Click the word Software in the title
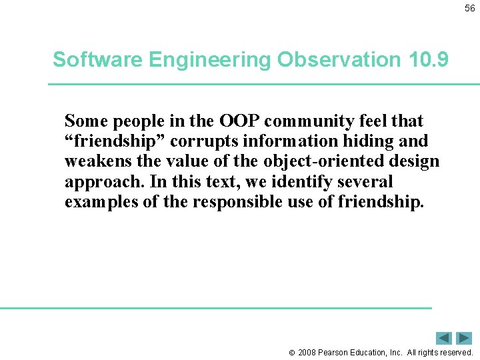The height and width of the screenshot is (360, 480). coord(97,59)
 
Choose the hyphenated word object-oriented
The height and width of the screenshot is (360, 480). coord(312,161)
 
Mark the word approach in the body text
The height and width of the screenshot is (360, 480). coord(96,182)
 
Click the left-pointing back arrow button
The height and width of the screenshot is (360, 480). coord(444,338)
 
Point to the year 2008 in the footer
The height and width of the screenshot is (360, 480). coord(307,352)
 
